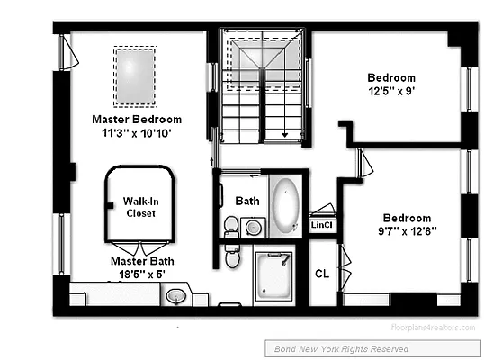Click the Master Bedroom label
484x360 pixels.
click(x=137, y=119)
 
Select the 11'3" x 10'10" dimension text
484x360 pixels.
click(x=137, y=132)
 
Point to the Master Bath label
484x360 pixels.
click(x=137, y=260)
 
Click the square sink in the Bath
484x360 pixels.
click(x=254, y=227)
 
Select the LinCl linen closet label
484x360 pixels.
click(x=322, y=225)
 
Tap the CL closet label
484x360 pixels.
click(x=322, y=274)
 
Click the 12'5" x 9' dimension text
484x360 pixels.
click(x=391, y=91)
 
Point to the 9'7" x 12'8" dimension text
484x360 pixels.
click(x=407, y=230)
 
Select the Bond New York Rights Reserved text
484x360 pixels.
click(x=336, y=348)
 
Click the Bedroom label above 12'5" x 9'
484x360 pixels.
click(x=391, y=77)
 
